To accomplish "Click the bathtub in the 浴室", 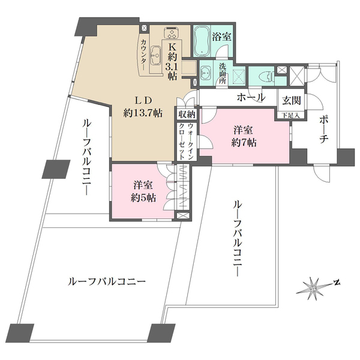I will coord(202,41).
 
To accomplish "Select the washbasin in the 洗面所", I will coord(205,74).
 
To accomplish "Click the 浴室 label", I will coord(223,37).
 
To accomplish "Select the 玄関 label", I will coord(288,100).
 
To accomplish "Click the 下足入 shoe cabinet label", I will coord(288,114).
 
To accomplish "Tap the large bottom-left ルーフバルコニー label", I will coord(107,281).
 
